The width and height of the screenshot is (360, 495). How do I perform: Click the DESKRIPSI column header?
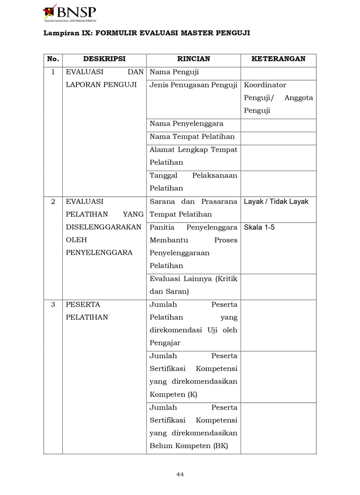pyautogui.click(x=104, y=59)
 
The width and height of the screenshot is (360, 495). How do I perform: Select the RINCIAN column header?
pyautogui.click(x=193, y=59)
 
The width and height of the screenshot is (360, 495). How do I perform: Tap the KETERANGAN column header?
pyautogui.click(x=278, y=59)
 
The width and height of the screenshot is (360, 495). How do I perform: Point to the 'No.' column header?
pyautogui.click(x=53, y=59)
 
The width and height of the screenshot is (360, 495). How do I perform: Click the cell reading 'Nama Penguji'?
pyautogui.click(x=174, y=72)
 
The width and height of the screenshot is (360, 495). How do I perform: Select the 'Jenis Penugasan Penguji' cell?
pyautogui.click(x=194, y=85)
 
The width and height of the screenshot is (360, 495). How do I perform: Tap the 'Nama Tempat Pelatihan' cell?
pyautogui.click(x=192, y=137)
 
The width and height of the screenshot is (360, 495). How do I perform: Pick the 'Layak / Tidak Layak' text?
pyautogui.click(x=276, y=202)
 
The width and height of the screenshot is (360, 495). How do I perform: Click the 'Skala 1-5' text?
pyautogui.click(x=259, y=227)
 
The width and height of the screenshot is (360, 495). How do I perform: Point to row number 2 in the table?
pyautogui.click(x=53, y=202)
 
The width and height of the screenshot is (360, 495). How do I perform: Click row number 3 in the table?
pyautogui.click(x=53, y=305)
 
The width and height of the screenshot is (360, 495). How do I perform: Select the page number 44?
pyautogui.click(x=180, y=474)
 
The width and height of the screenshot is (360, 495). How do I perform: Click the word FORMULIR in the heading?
pyautogui.click(x=115, y=33)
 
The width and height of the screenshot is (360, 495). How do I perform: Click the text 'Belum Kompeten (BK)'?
pyautogui.click(x=188, y=446)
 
